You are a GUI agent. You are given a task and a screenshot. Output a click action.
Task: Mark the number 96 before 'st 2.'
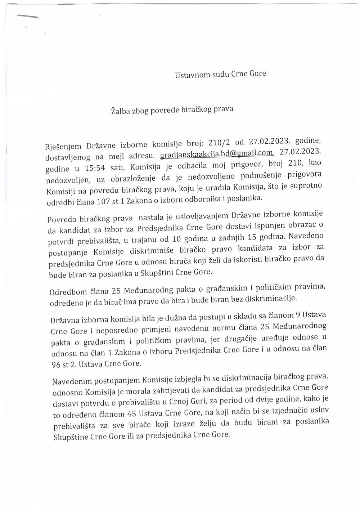tap(57, 364)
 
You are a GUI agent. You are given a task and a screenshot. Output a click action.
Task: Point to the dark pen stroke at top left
tap(27, 16)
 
